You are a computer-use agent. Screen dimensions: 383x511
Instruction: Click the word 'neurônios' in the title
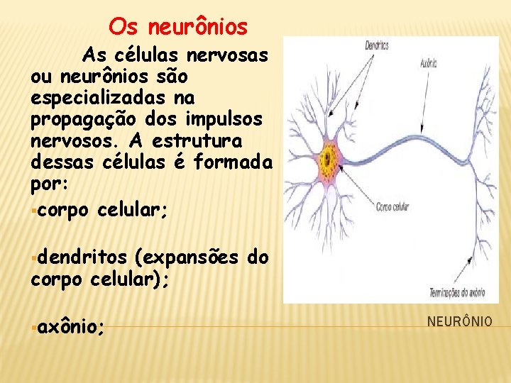(x=198, y=28)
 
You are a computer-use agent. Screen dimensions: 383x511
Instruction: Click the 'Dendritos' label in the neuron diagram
(x=377, y=46)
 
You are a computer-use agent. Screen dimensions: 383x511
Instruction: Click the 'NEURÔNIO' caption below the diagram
(x=459, y=322)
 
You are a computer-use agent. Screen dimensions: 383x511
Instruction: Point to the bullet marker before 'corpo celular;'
(x=33, y=211)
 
